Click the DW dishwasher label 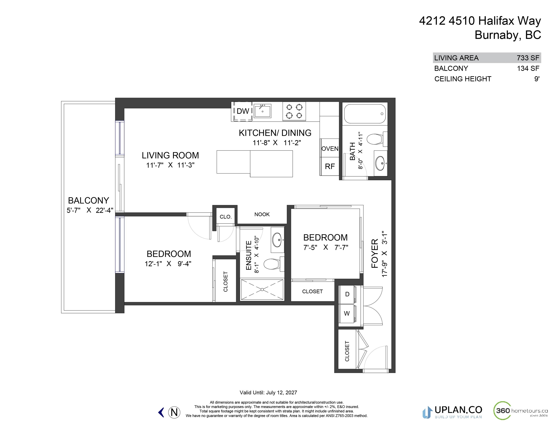(x=243, y=111)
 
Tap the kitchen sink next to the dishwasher (x=263, y=111)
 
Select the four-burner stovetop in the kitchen (x=294, y=111)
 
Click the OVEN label (x=330, y=149)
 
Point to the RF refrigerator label (x=330, y=166)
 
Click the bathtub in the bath (x=365, y=114)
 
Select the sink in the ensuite (x=277, y=239)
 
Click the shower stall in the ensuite (x=262, y=289)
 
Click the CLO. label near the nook (x=226, y=217)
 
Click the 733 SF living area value (x=528, y=58)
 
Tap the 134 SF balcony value (x=528, y=68)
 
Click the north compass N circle (x=174, y=412)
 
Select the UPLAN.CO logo (x=452, y=412)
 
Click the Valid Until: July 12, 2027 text (x=268, y=392)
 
